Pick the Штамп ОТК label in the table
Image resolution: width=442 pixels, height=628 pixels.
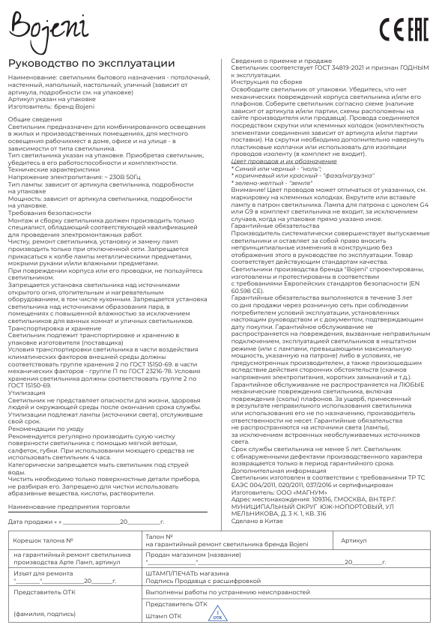163,615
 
